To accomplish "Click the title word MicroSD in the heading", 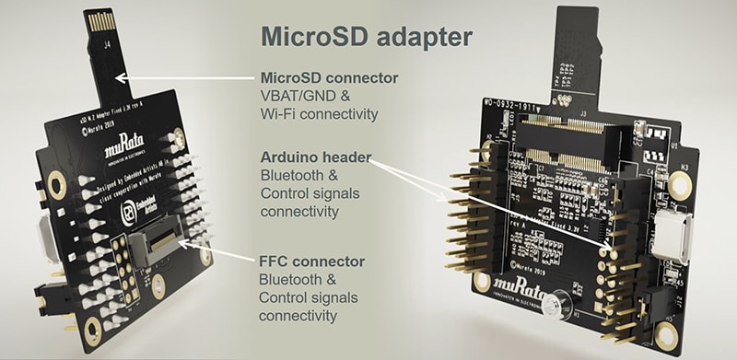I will coord(307,38).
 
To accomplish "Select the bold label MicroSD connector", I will coord(329,78).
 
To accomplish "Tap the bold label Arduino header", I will coord(316,158).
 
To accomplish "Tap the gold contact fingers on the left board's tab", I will coord(98,22).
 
